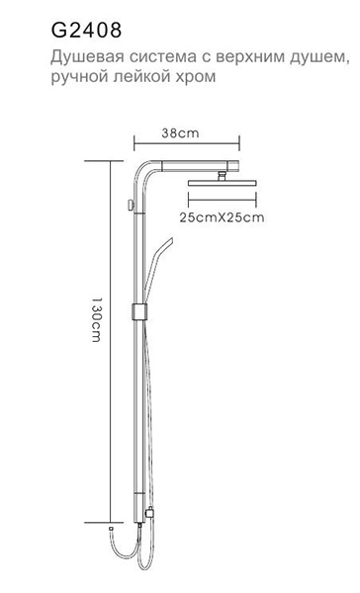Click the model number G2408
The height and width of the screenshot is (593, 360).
click(x=86, y=31)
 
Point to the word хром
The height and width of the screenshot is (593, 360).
click(x=198, y=77)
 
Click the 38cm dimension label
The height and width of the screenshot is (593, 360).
click(x=180, y=133)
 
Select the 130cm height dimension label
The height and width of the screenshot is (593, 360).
click(x=96, y=319)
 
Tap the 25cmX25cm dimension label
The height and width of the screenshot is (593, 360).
click(x=222, y=217)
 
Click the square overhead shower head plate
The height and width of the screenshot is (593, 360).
click(x=223, y=183)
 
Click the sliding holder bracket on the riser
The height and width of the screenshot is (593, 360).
click(x=138, y=311)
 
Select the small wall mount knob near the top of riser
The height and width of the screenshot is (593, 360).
click(x=131, y=206)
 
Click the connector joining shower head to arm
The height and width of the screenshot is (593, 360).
click(x=222, y=176)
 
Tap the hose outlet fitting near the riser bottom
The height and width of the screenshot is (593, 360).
click(x=149, y=512)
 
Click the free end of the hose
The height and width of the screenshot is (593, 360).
click(x=111, y=527)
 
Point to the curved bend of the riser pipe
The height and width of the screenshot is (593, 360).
click(x=143, y=170)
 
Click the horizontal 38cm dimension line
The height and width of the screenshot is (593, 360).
click(x=187, y=143)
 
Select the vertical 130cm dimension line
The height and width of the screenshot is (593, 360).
click(x=110, y=342)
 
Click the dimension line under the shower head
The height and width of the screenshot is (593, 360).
click(x=223, y=200)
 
